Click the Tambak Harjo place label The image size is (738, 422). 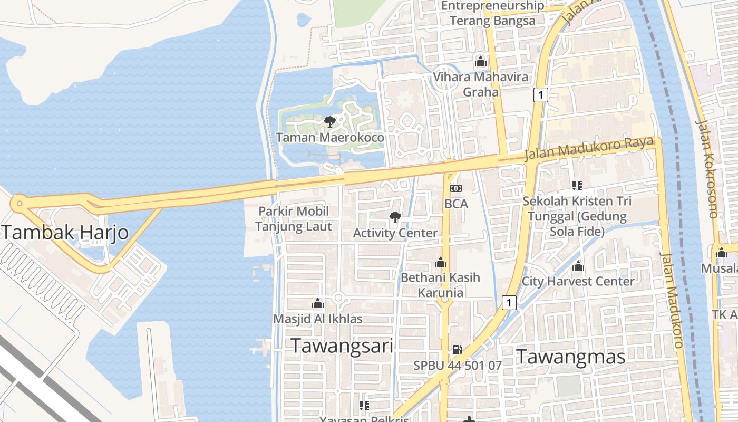pos(65,232)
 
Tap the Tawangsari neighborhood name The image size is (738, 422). pos(342,346)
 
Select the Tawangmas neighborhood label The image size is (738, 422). pos(570,357)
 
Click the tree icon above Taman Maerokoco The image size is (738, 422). pos(330,122)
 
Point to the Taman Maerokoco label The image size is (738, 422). pos(330,138)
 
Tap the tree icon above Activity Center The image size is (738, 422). pos(394,217)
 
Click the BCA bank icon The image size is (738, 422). pos(456,188)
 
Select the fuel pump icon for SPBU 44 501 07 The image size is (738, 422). pos(457,350)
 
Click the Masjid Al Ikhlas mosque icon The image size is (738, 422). pos(317,304)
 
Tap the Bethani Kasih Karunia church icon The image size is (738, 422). pos(441,262)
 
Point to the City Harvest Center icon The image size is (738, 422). pos(578,266)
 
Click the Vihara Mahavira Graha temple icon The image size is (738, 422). pos(480,62)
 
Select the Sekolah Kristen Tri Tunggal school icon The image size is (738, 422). pos(577,185)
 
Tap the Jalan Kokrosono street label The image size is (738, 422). pos(707,169)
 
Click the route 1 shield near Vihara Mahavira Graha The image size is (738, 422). pos(540,95)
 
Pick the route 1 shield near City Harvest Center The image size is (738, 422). pos(509,303)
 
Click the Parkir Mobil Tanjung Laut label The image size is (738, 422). pos(294,219)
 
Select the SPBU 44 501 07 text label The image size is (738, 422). pos(457,365)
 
